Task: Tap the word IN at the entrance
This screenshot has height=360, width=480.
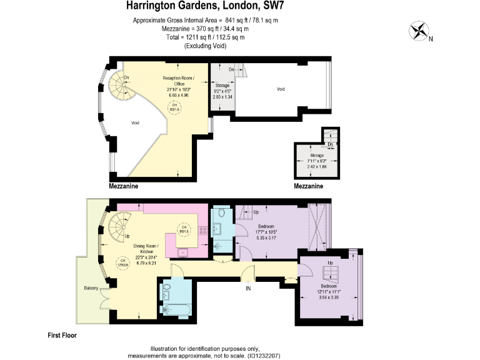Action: [x=248, y=288]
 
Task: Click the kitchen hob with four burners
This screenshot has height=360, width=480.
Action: [x=202, y=229]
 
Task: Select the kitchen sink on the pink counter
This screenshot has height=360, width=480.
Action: [x=184, y=252]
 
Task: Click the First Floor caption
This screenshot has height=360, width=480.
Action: [x=62, y=336]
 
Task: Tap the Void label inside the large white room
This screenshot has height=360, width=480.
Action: [x=281, y=89]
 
